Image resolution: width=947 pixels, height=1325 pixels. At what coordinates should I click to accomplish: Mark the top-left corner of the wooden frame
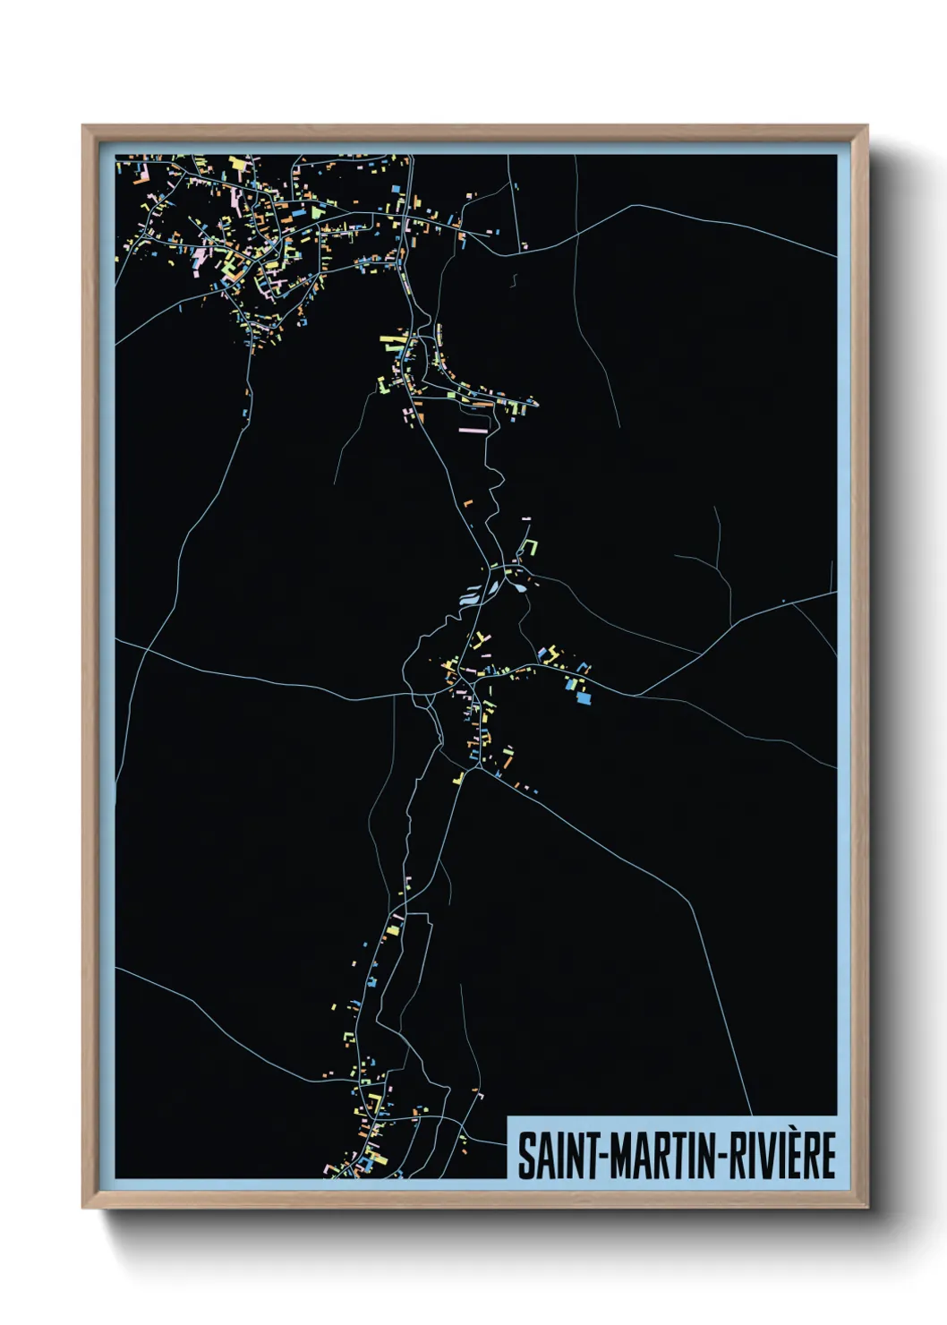(83, 127)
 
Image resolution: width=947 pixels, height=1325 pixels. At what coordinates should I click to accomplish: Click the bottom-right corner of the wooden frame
(866, 1207)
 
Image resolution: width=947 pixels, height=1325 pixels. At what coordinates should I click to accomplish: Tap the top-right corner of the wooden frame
(866, 127)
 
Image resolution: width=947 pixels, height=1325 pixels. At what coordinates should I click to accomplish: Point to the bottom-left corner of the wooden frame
(83, 1207)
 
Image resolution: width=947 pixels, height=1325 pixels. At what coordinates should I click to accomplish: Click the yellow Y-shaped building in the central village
(481, 638)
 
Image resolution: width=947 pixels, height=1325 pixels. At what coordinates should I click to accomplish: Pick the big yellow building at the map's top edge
(237, 164)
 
